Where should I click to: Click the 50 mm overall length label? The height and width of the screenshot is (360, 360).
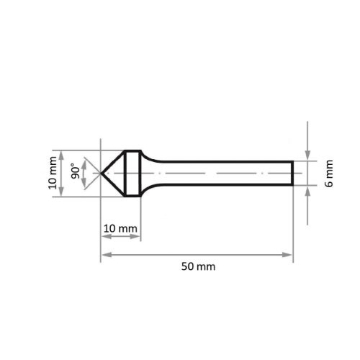pyautogui.click(x=198, y=266)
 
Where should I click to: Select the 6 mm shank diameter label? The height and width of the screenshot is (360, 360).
pyautogui.click(x=329, y=174)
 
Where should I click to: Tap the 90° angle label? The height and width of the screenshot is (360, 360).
pyautogui.click(x=75, y=174)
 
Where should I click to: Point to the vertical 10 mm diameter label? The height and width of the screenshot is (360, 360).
pyautogui.click(x=53, y=174)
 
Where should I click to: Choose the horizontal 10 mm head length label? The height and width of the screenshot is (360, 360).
pyautogui.click(x=120, y=229)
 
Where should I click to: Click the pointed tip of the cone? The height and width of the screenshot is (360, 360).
pyautogui.click(x=100, y=174)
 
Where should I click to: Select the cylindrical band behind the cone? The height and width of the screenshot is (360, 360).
pyautogui.click(x=132, y=174)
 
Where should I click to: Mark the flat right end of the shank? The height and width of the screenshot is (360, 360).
pyautogui.click(x=292, y=174)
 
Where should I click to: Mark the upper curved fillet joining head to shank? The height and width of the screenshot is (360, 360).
pyautogui.click(x=148, y=158)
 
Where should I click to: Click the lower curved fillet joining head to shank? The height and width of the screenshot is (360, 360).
pyautogui.click(x=148, y=189)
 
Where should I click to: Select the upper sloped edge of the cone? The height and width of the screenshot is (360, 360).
pyautogui.click(x=112, y=162)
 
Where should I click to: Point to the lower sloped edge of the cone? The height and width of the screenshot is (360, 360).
pyautogui.click(x=112, y=185)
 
